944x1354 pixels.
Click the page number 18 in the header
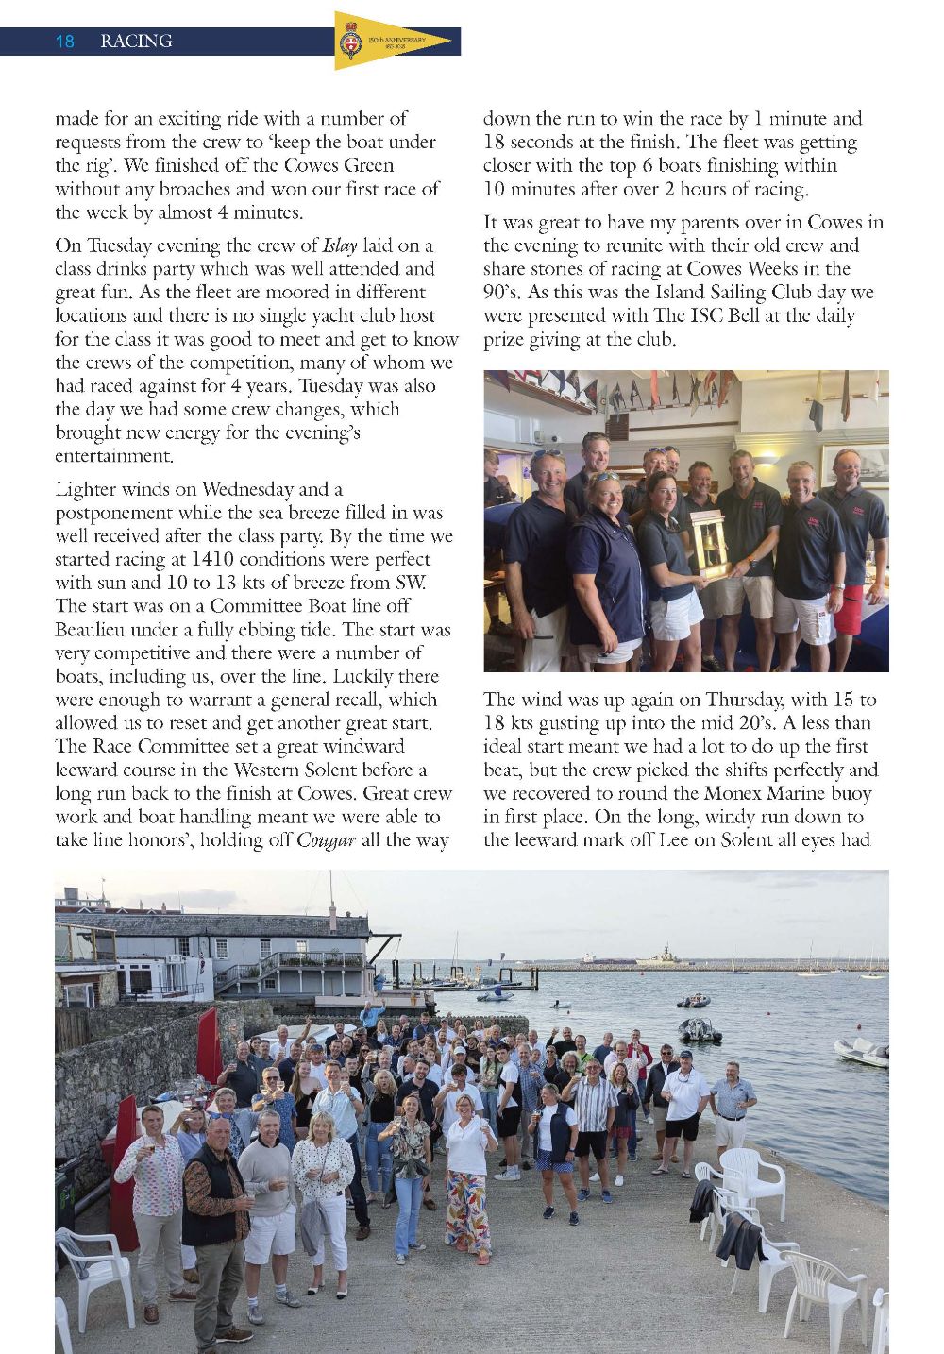click(x=65, y=42)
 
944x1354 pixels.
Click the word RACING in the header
click(x=136, y=42)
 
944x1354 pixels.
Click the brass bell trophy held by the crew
click(x=710, y=546)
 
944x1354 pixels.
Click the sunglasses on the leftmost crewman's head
click(x=547, y=455)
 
